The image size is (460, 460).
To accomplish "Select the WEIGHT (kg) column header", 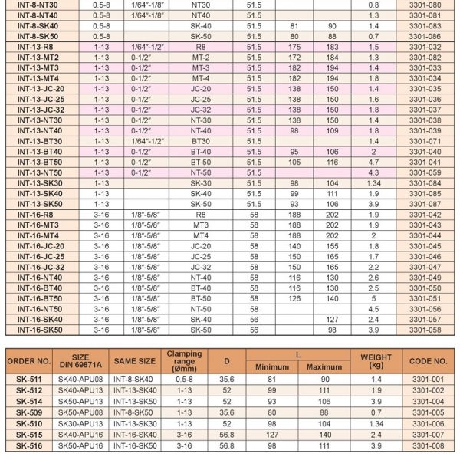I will (x=373, y=359).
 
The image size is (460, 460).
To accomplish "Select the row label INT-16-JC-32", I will (x=33, y=267).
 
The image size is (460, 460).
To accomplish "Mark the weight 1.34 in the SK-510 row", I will (x=373, y=423).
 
